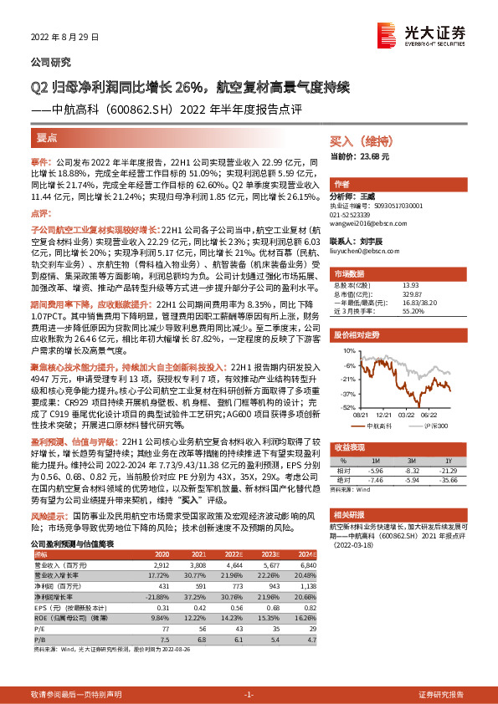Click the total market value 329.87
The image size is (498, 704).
coord(390,293)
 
